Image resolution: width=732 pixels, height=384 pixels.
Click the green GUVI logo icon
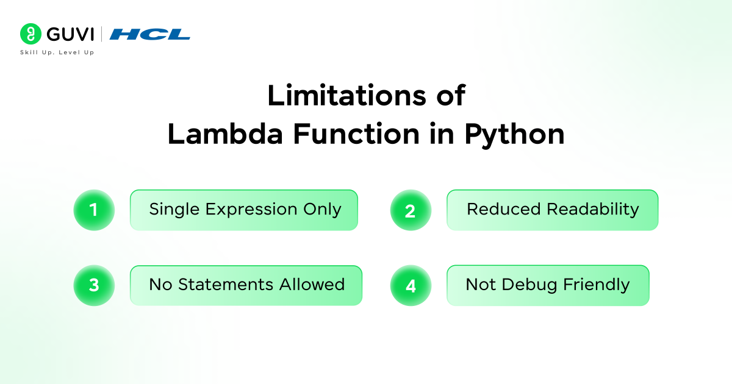point(30,34)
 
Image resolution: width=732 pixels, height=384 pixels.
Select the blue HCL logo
point(149,34)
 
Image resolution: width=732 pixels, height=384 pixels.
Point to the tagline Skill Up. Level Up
point(57,52)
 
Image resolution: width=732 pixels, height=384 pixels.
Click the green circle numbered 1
point(94,210)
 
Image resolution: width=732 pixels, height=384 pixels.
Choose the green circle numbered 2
point(411,210)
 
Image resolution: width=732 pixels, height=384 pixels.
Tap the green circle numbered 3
point(94,285)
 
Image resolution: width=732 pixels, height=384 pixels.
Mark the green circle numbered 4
point(411,285)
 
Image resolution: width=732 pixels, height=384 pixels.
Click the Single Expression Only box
point(244,210)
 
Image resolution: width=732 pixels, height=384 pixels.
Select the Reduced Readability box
point(552,210)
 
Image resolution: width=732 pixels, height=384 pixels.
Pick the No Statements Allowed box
point(246,285)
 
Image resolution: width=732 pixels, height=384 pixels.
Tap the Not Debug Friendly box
point(547,285)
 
